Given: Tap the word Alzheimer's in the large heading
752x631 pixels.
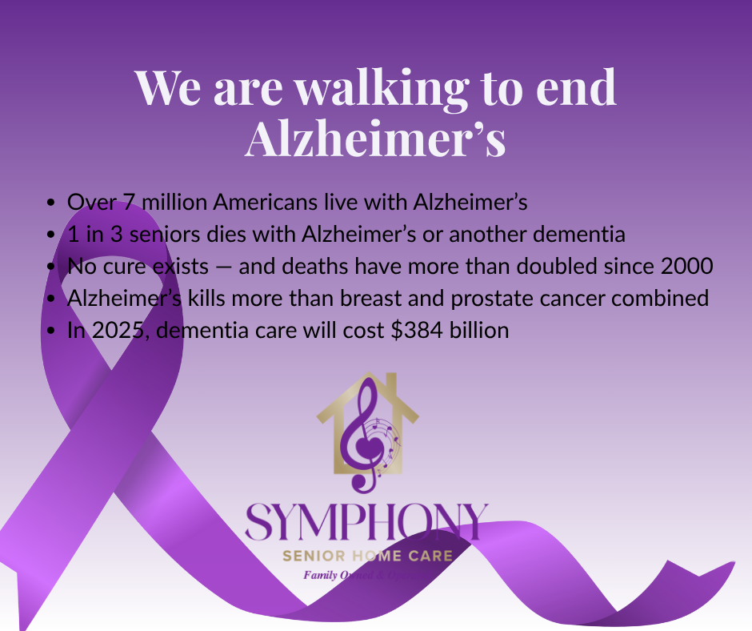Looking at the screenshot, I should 375,139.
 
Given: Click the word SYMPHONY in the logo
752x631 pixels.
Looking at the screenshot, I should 366,523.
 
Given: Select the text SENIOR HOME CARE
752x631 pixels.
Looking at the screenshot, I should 367,556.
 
